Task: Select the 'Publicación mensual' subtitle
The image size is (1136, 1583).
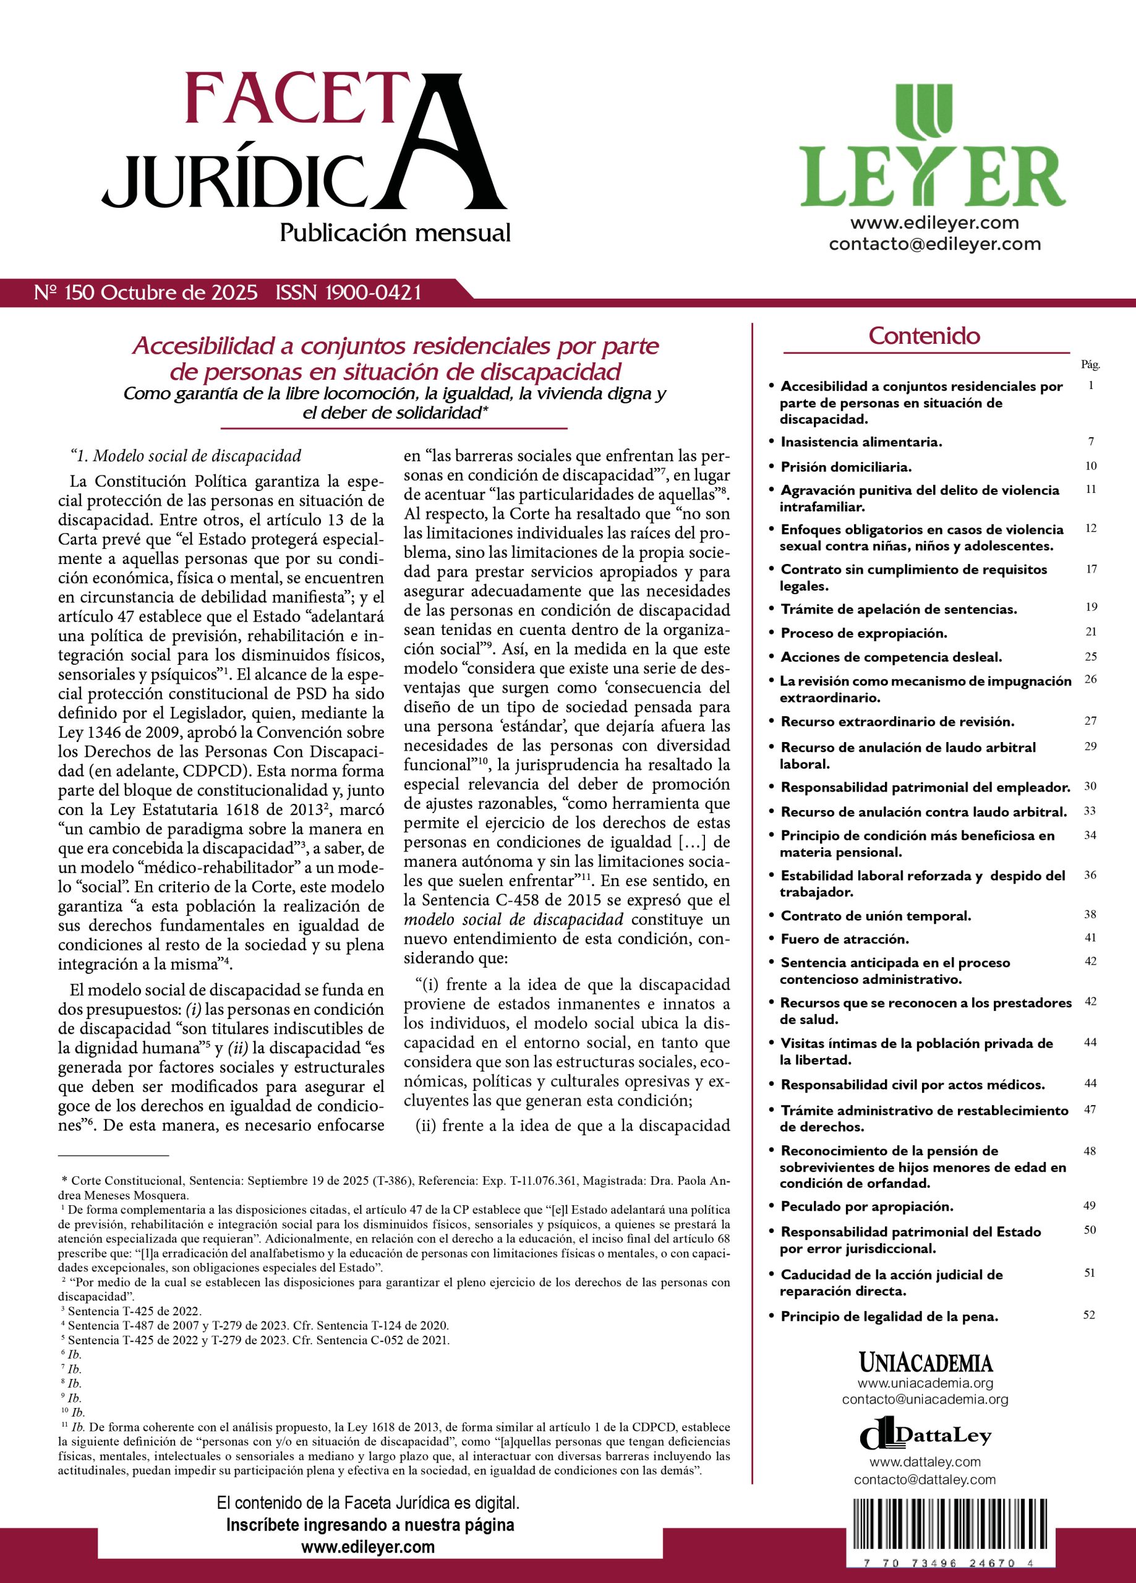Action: [395, 233]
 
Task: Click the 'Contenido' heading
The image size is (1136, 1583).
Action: [925, 336]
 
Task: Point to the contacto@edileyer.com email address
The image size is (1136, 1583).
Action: [934, 244]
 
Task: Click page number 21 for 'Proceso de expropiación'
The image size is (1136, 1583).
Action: [1091, 632]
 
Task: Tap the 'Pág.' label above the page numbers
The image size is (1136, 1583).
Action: [1090, 364]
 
